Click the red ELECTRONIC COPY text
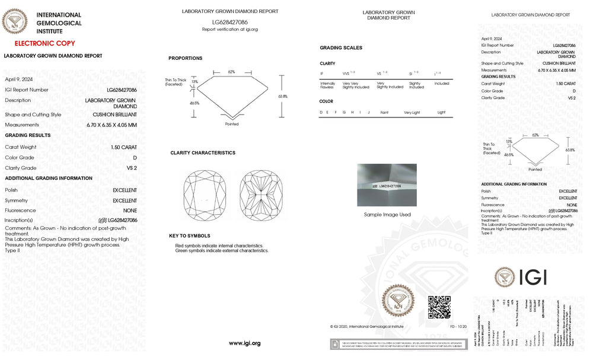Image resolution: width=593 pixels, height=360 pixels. [44, 43]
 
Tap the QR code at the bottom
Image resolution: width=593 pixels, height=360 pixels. [439, 307]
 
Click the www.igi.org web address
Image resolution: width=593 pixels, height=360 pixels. [244, 343]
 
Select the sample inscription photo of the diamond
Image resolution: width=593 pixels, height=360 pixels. [387, 185]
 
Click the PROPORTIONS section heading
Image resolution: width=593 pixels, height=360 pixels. [185, 58]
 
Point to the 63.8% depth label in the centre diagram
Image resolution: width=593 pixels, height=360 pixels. [282, 96]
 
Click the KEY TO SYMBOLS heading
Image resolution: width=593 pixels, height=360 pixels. [189, 236]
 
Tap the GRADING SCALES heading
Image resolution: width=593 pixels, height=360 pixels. [340, 48]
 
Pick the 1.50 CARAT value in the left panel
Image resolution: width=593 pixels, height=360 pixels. [123, 146]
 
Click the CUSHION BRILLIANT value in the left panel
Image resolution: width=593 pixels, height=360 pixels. [114, 114]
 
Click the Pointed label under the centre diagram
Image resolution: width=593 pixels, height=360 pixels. [232, 124]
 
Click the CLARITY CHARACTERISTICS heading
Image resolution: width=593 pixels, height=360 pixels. [202, 153]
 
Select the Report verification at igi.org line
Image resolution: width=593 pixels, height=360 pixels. [229, 29]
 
